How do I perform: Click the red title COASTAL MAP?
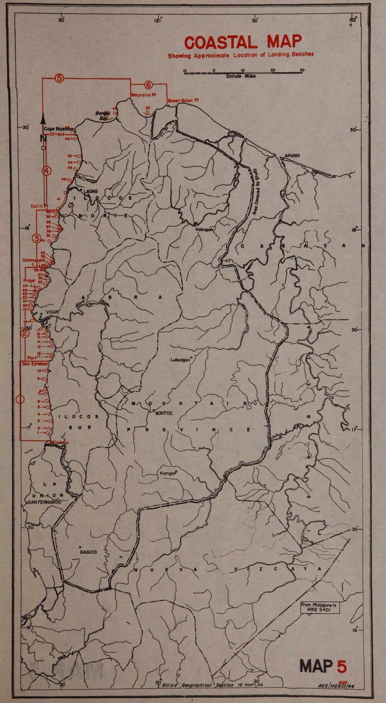coord(243,42)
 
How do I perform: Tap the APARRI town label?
coord(293,156)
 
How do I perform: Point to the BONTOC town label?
coord(163,413)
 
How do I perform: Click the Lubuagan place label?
coord(180,360)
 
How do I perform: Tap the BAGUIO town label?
coord(88,552)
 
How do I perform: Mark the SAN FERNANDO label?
coord(44,502)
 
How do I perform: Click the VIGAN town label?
coord(52,312)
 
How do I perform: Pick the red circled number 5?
coord(59,78)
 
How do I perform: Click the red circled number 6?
coord(149,85)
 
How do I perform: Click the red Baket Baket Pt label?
coord(183,101)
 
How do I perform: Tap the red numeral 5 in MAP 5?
coord(342,666)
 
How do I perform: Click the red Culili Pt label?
coord(39,206)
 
